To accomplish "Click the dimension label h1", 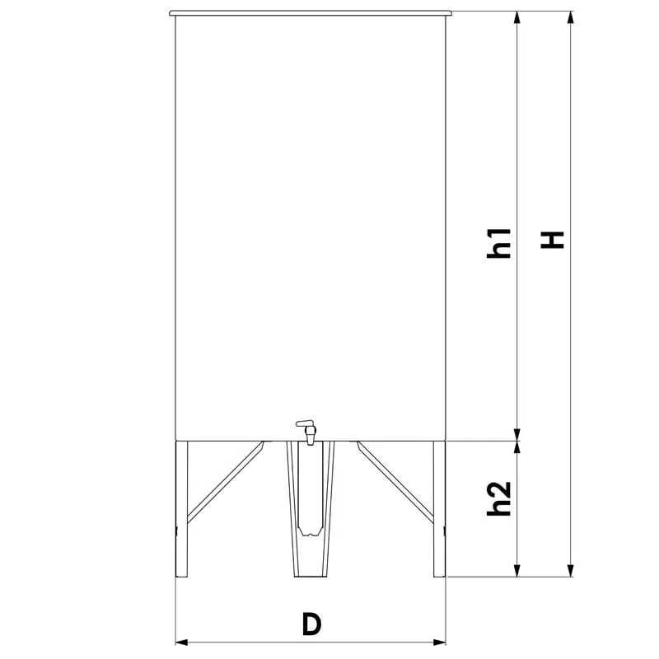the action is (x=499, y=243).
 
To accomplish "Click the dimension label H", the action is (x=552, y=240).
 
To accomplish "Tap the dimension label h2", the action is (x=499, y=498).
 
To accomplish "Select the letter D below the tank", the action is (x=311, y=624).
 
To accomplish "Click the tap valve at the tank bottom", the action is (x=306, y=432).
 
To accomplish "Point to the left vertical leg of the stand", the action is (x=181, y=508).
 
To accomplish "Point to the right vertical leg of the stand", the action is (x=439, y=508).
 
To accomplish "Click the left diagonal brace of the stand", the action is (x=226, y=482).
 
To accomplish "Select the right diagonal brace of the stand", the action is (x=395, y=482).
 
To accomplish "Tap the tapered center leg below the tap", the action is (x=311, y=508).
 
